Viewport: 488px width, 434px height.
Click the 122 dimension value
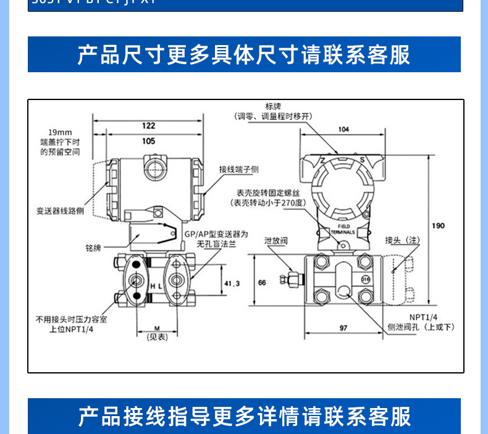pyautogui.click(x=148, y=125)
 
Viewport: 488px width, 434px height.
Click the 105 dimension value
pyautogui.click(x=148, y=141)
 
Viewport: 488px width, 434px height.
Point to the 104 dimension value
pyautogui.click(x=344, y=129)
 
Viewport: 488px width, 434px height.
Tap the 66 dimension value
pyautogui.click(x=262, y=282)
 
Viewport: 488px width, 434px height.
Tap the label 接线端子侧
pyautogui.click(x=238, y=169)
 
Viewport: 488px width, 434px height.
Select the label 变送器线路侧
pyautogui.click(x=60, y=211)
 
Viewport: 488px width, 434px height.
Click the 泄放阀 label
pyautogui.click(x=276, y=241)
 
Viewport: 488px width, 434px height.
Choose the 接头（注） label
pyautogui.click(x=403, y=240)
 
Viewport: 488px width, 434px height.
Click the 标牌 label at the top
pyautogui.click(x=273, y=106)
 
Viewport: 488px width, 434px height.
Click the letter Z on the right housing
pyautogui.click(x=322, y=161)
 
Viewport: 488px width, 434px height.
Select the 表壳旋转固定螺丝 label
pyautogui.click(x=267, y=193)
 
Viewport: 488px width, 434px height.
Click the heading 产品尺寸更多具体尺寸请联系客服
pyautogui.click(x=244, y=55)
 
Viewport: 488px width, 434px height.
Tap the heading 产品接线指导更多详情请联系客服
pyautogui.click(x=244, y=416)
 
